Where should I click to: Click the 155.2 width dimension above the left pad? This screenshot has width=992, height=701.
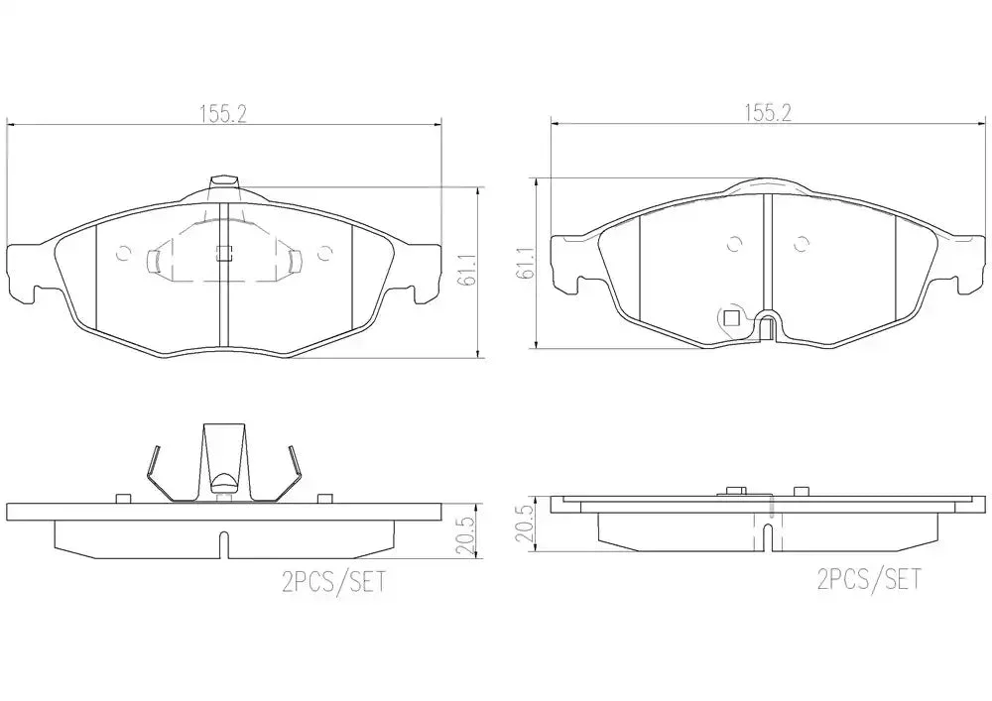point(222,114)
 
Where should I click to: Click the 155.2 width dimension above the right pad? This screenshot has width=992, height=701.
point(768,113)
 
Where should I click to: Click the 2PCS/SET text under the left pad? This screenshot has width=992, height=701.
point(333,582)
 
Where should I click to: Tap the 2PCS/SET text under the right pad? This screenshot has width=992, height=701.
point(869,579)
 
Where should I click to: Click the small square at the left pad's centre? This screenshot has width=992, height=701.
point(223,253)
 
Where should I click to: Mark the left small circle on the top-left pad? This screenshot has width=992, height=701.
point(124,254)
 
